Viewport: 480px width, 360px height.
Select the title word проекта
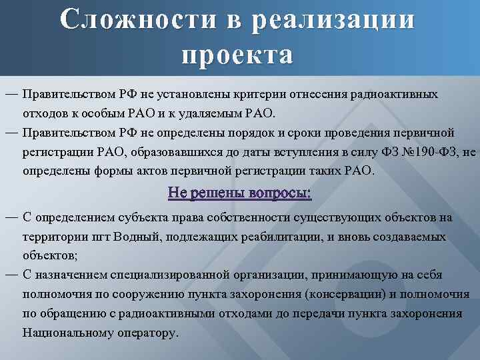pyautogui.click(x=237, y=54)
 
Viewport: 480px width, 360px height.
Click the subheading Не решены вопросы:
pyautogui.click(x=240, y=194)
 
